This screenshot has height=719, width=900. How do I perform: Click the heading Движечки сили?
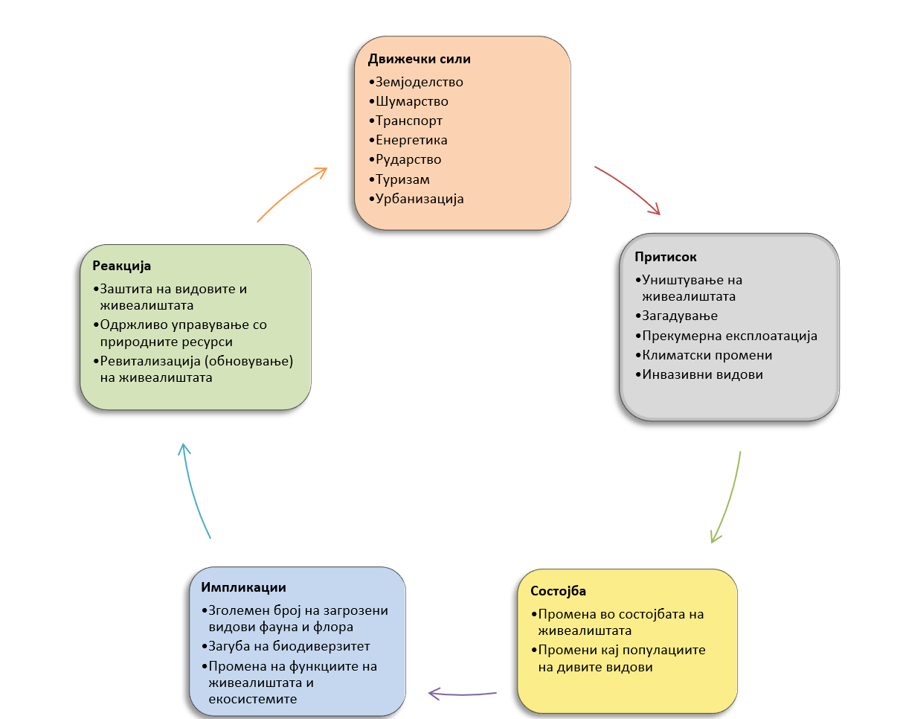pos(419,60)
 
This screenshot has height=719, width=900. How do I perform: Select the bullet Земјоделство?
pos(419,82)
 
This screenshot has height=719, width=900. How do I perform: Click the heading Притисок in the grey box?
pos(666,257)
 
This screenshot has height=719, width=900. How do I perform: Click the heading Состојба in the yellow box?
pos(558,591)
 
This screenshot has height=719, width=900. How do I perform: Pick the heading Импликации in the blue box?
pos(243,587)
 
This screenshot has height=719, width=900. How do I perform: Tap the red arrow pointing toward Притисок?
pos(629,190)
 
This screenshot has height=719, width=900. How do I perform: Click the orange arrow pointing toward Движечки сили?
pos(292,194)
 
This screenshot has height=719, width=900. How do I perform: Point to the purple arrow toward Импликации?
pos(463,694)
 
